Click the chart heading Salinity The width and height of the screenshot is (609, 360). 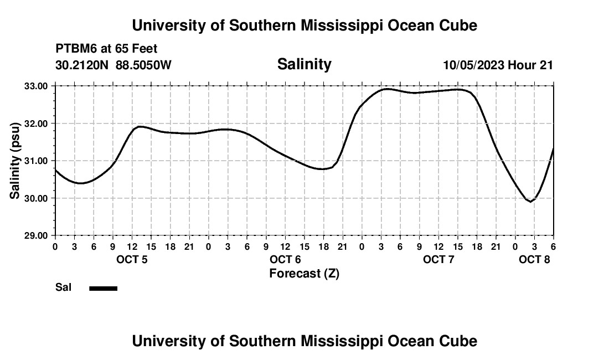pyautogui.click(x=304, y=64)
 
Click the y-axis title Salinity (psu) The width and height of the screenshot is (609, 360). pyautogui.click(x=15, y=161)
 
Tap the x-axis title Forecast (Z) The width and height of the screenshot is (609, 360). pyautogui.click(x=304, y=273)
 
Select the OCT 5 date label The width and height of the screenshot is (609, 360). pyautogui.click(x=132, y=259)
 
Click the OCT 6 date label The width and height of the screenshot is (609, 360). pyautogui.click(x=285, y=259)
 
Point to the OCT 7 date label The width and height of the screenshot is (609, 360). pyautogui.click(x=438, y=259)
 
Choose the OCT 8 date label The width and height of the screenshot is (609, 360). pyautogui.click(x=534, y=259)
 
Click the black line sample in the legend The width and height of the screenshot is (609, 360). pyautogui.click(x=103, y=288)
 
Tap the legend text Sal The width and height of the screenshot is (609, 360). pyautogui.click(x=63, y=287)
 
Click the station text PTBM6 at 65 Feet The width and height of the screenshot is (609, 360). pyautogui.click(x=106, y=49)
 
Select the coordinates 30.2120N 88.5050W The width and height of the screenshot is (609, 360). pyautogui.click(x=113, y=65)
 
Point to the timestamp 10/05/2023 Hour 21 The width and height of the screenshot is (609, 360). pyautogui.click(x=498, y=65)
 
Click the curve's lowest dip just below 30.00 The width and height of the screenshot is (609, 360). pyautogui.click(x=530, y=202)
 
